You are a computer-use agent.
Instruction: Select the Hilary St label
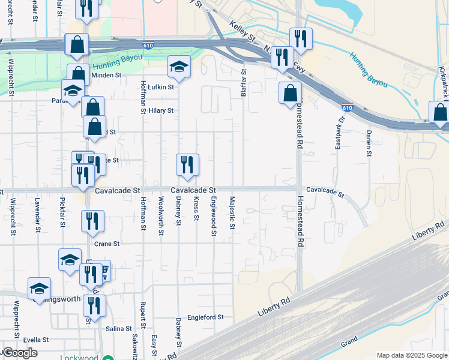pos(161,110)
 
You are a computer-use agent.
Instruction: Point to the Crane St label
pos(108,244)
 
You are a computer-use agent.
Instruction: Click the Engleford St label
pos(205,317)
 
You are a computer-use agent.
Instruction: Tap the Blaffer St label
pos(244,82)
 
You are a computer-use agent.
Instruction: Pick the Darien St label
pos(368,143)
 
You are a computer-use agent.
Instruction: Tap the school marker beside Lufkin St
pos(179,67)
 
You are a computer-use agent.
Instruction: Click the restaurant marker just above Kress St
pos(187,164)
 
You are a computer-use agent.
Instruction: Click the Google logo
pos(19,353)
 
